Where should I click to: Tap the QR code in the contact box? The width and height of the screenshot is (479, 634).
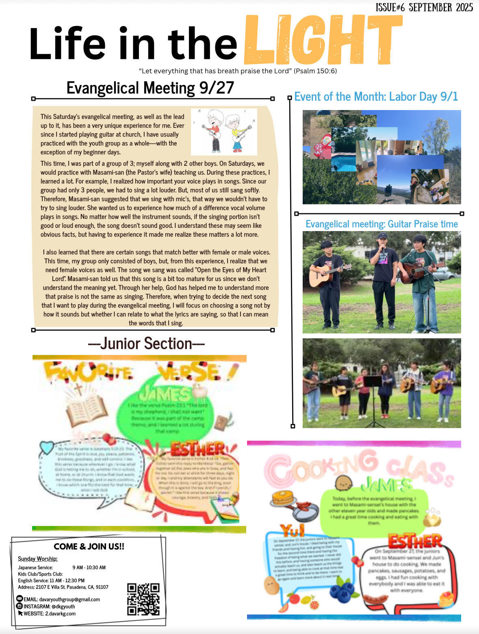(143, 599)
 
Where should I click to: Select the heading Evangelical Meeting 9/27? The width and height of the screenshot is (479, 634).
(150, 88)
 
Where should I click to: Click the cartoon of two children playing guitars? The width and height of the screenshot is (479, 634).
(224, 131)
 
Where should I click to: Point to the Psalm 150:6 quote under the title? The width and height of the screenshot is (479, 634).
(238, 71)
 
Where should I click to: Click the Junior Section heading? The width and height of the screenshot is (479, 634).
(146, 344)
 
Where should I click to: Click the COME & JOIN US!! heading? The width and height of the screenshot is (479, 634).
(89, 547)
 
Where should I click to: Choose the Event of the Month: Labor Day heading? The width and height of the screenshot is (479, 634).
(376, 97)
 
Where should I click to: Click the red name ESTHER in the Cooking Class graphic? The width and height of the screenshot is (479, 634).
(415, 541)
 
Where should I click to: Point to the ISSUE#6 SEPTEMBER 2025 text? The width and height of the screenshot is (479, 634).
(424, 7)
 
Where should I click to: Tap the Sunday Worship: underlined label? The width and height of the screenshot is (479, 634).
(38, 559)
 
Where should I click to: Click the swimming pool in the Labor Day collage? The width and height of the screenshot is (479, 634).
(344, 162)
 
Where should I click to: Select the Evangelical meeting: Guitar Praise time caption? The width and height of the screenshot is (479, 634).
(381, 224)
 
